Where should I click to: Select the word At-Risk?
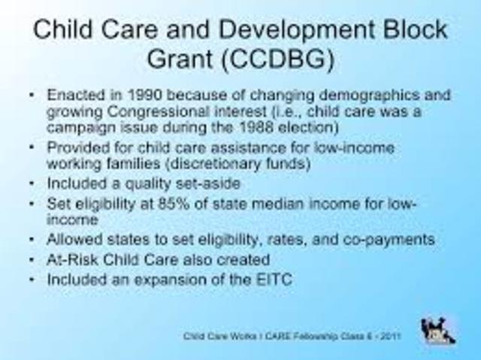71,259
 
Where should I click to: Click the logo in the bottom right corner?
435,330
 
